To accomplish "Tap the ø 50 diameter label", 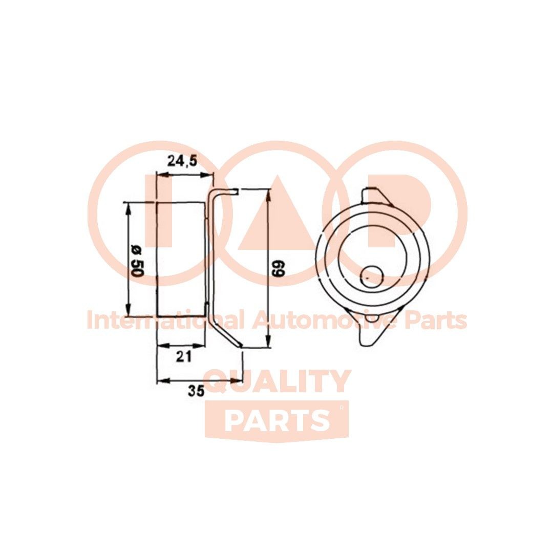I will click(x=136, y=262).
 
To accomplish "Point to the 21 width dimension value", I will click(x=183, y=357).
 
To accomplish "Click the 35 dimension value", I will click(x=196, y=391).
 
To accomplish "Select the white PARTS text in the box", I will click(x=277, y=420).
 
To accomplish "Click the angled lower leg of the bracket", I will click(x=225, y=328).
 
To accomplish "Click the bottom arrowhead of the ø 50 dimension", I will click(x=127, y=311).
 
